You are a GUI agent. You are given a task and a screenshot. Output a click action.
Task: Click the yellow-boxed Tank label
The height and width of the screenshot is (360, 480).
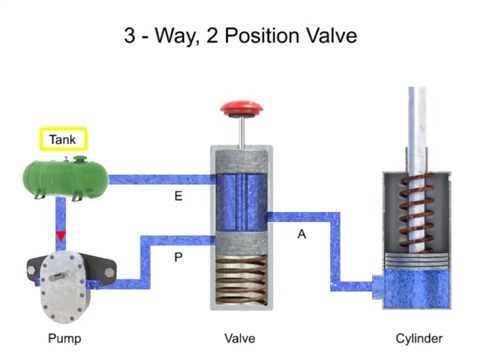click(x=63, y=139)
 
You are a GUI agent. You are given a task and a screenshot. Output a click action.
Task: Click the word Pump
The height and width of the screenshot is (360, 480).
click(x=64, y=338)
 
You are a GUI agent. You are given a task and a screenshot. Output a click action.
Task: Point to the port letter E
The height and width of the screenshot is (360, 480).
click(x=178, y=197)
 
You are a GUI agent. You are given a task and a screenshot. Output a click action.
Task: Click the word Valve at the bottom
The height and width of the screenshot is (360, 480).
click(x=241, y=338)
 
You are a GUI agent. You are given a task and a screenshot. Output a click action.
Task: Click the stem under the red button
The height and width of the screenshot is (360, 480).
click(x=241, y=129)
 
